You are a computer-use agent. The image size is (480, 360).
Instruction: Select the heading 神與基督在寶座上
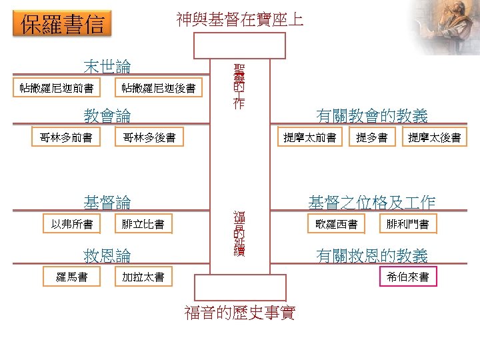tap(240, 19)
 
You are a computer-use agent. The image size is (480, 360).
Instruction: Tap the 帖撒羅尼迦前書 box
tap(57, 88)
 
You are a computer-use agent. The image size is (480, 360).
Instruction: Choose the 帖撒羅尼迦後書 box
tap(159, 88)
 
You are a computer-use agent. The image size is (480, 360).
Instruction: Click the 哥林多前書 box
tap(66, 137)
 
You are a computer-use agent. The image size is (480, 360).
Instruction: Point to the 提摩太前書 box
tap(309, 137)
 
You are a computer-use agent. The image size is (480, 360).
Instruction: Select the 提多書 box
tap(372, 137)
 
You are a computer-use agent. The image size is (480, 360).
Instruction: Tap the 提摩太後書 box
tap(434, 137)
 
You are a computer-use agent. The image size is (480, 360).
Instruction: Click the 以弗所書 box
tap(72, 224)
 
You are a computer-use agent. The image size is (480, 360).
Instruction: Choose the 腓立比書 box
tap(143, 224)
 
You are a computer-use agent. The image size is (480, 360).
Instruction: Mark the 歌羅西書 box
tap(337, 224)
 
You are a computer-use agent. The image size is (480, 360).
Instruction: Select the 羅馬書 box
tap(72, 276)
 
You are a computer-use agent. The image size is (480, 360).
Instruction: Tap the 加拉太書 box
tap(143, 276)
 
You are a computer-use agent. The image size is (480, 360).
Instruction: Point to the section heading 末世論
tap(107, 67)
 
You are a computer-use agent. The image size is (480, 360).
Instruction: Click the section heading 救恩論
tap(107, 255)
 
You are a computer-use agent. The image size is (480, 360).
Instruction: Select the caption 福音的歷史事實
tap(240, 312)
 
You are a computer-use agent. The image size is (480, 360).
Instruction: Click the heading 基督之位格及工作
tap(372, 202)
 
